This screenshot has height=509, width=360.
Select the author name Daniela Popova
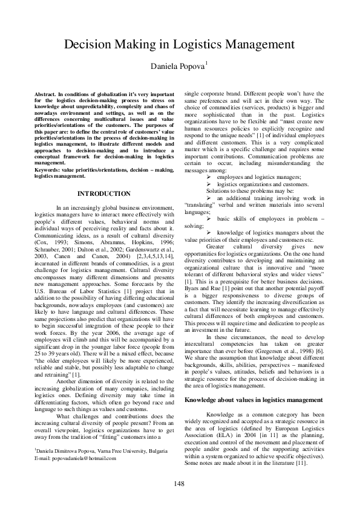[178, 65]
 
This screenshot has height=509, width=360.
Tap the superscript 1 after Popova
[207, 62]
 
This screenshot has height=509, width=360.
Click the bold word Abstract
[46, 96]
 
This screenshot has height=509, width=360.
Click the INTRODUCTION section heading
[104, 193]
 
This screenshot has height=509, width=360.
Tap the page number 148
[179, 483]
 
